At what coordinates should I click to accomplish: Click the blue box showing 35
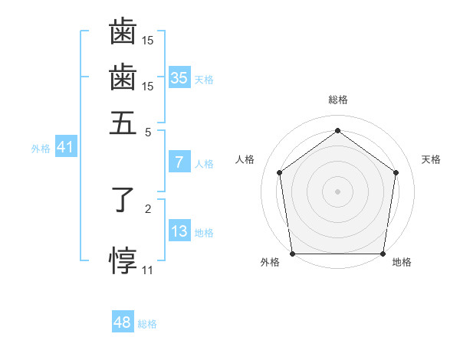coord(179,77)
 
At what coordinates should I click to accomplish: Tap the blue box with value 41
coord(64,147)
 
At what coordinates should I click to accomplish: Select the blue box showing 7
coord(179,162)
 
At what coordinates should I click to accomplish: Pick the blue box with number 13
coord(179,231)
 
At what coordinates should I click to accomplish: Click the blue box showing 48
coord(123,322)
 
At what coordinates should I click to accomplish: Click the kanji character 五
coord(123,122)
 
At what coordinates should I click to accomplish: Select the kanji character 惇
coord(123,260)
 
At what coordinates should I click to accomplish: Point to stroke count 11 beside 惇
coord(147,270)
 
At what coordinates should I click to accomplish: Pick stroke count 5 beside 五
coord(148,131)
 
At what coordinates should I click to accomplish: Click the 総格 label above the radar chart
coord(338,100)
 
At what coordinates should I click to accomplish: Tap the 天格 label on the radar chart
coord(431,159)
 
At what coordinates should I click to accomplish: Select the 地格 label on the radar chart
coord(402,263)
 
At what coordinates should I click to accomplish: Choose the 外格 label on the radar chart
coord(270,263)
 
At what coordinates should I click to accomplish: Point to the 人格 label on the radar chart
coord(245,159)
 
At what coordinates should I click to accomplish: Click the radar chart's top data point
coord(337,131)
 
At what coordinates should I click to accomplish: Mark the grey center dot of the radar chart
coord(337,191)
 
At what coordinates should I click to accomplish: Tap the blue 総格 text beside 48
coord(147,324)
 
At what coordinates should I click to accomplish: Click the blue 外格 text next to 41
coord(41,149)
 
